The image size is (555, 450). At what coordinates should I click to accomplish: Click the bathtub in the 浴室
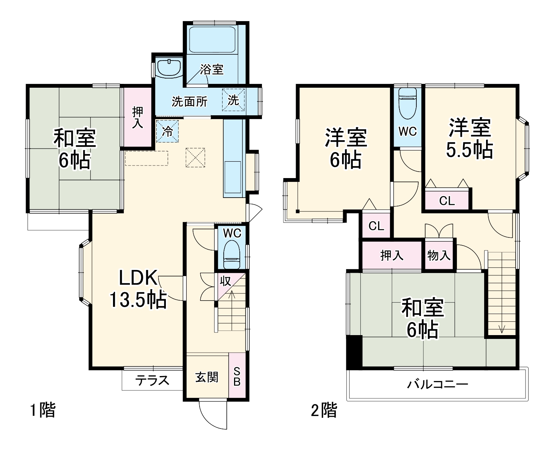pos(212,39)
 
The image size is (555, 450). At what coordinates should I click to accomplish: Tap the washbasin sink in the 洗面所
pos(169,68)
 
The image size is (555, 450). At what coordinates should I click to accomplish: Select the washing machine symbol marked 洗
pos(233,100)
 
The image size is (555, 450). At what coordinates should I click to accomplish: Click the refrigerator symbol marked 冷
pos(167,131)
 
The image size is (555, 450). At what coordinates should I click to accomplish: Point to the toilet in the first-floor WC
pos(232,254)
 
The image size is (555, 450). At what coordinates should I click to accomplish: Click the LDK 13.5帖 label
pos(138,289)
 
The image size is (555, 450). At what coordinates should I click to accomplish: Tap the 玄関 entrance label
pos(206,377)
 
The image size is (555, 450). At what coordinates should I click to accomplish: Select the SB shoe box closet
pos(237,375)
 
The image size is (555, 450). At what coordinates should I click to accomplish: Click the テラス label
pos(152,380)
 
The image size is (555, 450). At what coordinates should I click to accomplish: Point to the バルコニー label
pos(437,384)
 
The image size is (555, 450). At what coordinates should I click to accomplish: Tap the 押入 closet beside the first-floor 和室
pos(138,117)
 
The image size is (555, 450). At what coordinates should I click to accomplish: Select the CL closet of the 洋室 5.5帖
pos(447,200)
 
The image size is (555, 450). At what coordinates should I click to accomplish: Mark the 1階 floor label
pos(43,410)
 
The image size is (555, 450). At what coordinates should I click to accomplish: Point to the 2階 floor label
pos(324,410)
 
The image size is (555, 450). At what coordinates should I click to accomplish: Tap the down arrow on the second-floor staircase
pos(502,329)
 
